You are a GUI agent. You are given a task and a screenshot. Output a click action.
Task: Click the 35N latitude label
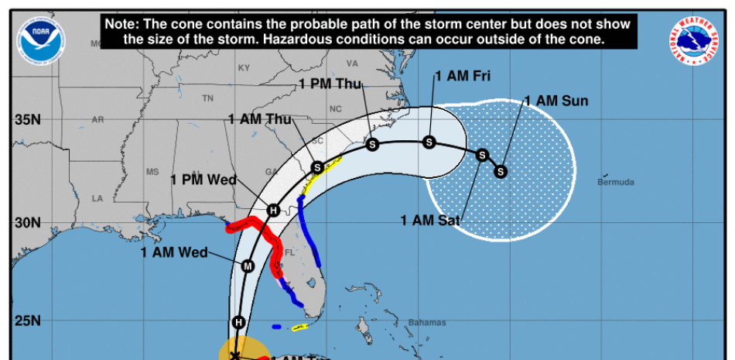click(x=26, y=121)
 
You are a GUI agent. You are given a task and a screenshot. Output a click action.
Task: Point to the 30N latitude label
click(x=26, y=223)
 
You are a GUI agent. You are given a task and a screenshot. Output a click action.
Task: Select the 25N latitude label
click(x=26, y=321)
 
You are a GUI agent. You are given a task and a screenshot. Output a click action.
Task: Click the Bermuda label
click(x=616, y=182)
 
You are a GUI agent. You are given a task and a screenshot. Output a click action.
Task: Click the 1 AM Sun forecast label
click(x=556, y=101)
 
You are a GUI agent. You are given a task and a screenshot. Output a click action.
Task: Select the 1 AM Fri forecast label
click(x=463, y=76)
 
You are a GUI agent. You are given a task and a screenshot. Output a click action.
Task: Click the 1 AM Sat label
click(x=430, y=220)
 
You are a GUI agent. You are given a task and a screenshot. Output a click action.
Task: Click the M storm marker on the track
click(x=248, y=266)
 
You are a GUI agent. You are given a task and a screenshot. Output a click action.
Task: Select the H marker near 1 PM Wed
click(x=272, y=210)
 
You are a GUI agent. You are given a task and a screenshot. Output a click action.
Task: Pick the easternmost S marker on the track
click(x=501, y=170)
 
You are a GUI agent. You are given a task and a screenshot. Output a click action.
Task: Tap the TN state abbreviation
click(x=207, y=98)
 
